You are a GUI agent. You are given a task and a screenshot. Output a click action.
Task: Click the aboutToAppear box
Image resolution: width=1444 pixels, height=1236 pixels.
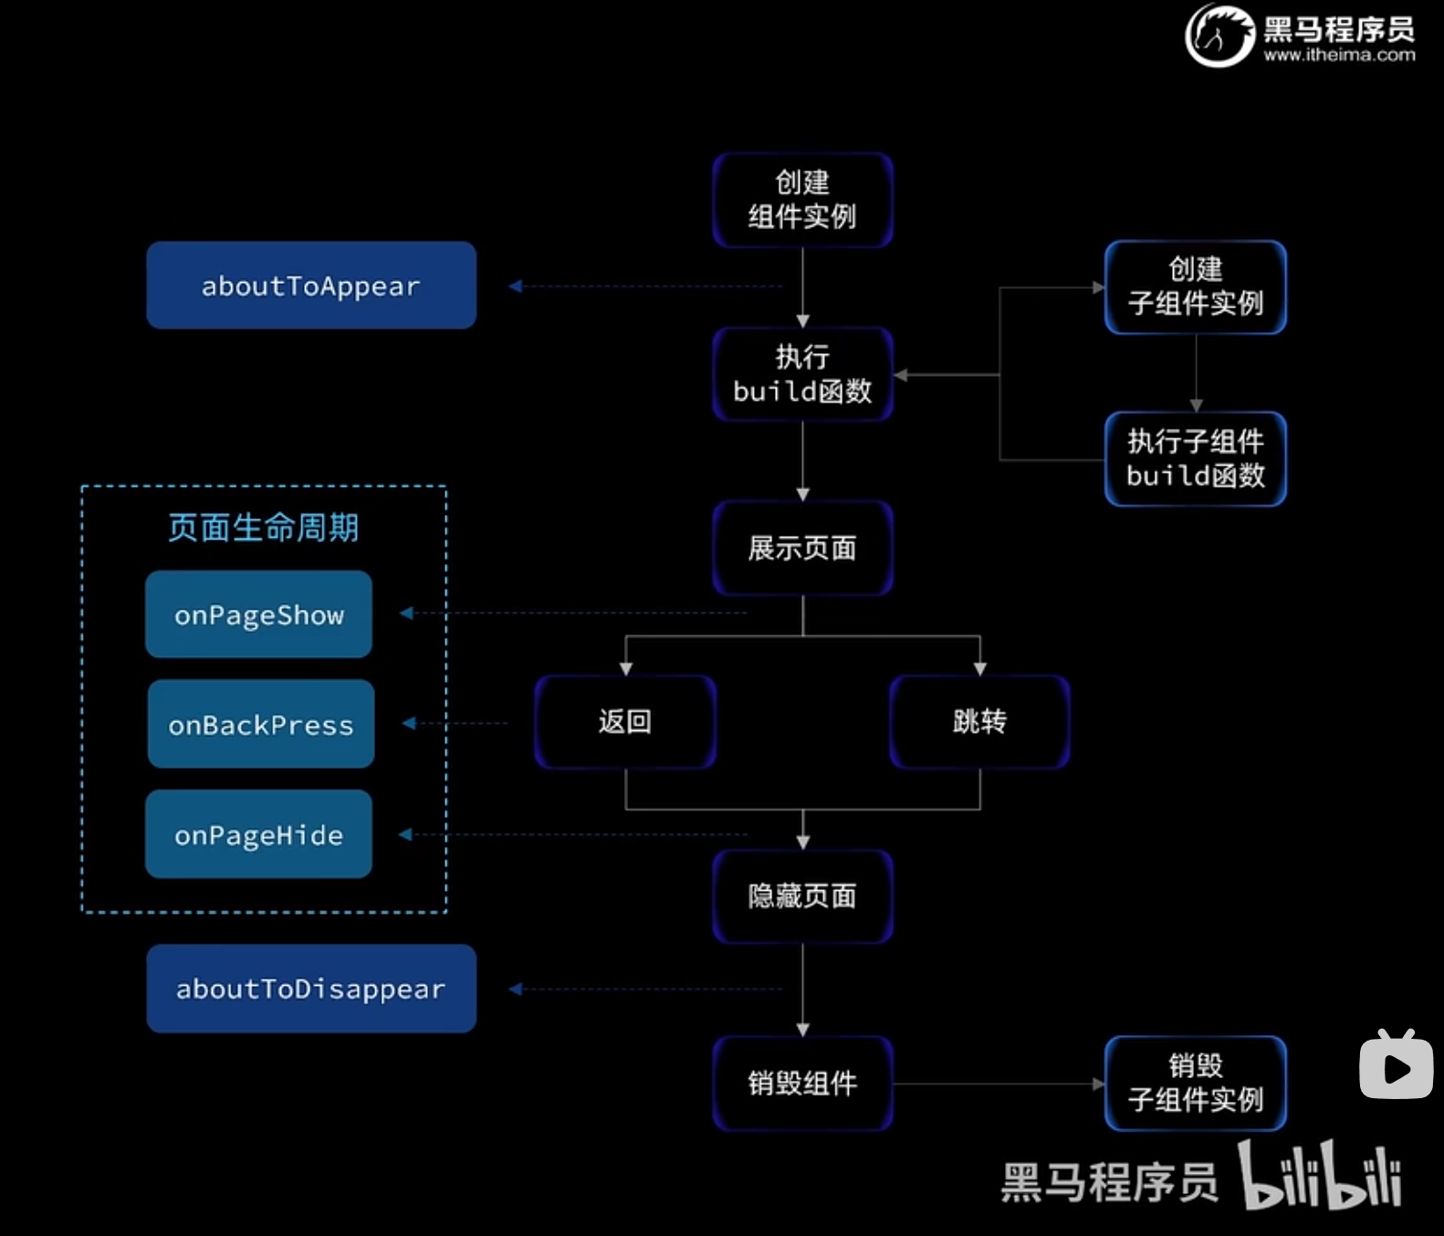311,285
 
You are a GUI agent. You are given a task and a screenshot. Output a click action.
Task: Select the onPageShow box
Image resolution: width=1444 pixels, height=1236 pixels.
259,614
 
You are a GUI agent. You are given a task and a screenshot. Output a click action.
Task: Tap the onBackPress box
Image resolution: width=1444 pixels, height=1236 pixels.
261,724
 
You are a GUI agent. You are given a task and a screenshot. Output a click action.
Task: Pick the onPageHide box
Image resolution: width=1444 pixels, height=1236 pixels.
259,834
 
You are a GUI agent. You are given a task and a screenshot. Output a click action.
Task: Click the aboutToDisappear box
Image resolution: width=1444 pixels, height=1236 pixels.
311,989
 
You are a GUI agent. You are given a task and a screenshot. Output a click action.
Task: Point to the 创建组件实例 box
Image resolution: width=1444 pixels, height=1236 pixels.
802,200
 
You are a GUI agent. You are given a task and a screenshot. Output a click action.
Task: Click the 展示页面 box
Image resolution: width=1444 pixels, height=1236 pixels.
802,548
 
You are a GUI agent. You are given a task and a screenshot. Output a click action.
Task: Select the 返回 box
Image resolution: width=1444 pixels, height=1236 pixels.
625,721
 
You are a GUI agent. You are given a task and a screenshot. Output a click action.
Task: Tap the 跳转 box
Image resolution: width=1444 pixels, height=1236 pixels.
979,721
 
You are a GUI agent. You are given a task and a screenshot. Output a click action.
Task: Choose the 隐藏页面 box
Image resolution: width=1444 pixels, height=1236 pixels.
802,896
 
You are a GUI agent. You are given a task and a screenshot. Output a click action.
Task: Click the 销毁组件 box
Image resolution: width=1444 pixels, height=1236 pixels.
802,1084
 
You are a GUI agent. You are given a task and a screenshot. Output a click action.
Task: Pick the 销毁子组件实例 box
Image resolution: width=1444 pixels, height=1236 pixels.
1196,1084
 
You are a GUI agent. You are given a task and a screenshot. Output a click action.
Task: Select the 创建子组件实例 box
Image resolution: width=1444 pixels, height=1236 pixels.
1196,287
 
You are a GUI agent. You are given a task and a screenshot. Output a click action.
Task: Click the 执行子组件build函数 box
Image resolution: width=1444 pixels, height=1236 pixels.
1196,458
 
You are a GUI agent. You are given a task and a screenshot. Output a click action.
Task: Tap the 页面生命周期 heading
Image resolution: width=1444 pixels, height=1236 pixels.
264,528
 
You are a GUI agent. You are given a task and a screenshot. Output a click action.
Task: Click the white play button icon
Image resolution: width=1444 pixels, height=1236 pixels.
1396,1066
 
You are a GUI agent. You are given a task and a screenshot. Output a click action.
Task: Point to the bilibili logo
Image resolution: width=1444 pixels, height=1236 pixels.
1320,1177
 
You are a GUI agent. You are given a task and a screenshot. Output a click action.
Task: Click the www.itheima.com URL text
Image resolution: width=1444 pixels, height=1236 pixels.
1339,56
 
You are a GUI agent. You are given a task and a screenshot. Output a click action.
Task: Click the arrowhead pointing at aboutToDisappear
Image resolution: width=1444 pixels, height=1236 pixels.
515,989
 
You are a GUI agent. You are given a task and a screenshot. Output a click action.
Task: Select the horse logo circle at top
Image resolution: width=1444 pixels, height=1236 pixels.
1219,36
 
